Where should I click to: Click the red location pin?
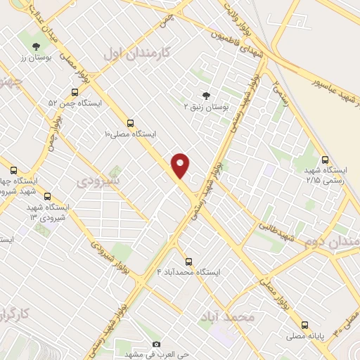(x=181, y=165)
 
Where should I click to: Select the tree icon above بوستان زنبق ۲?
(x=206, y=96)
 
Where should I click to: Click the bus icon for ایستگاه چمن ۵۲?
(x=75, y=92)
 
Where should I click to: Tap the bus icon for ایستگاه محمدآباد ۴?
(x=188, y=261)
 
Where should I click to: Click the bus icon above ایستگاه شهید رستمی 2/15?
(x=324, y=160)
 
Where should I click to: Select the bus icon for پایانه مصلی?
(x=304, y=325)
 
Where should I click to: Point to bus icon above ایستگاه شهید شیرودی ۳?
(x=47, y=197)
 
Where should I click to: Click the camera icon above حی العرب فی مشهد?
(x=156, y=345)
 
